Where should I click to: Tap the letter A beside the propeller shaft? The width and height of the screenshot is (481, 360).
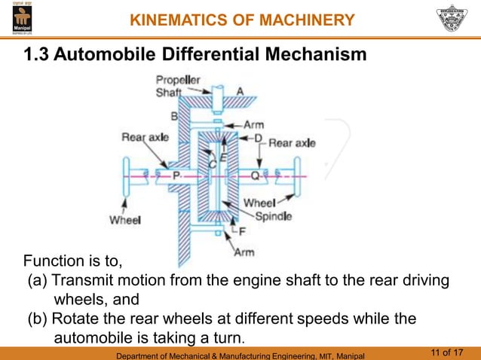point(240,91)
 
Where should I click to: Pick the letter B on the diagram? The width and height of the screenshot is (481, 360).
point(174,117)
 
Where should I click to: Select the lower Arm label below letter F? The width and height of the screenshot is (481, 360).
point(244,252)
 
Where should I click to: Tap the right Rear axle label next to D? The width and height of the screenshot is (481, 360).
point(292,142)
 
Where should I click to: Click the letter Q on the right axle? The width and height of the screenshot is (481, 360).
point(256,175)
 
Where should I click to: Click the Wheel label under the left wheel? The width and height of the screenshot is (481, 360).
point(125,221)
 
